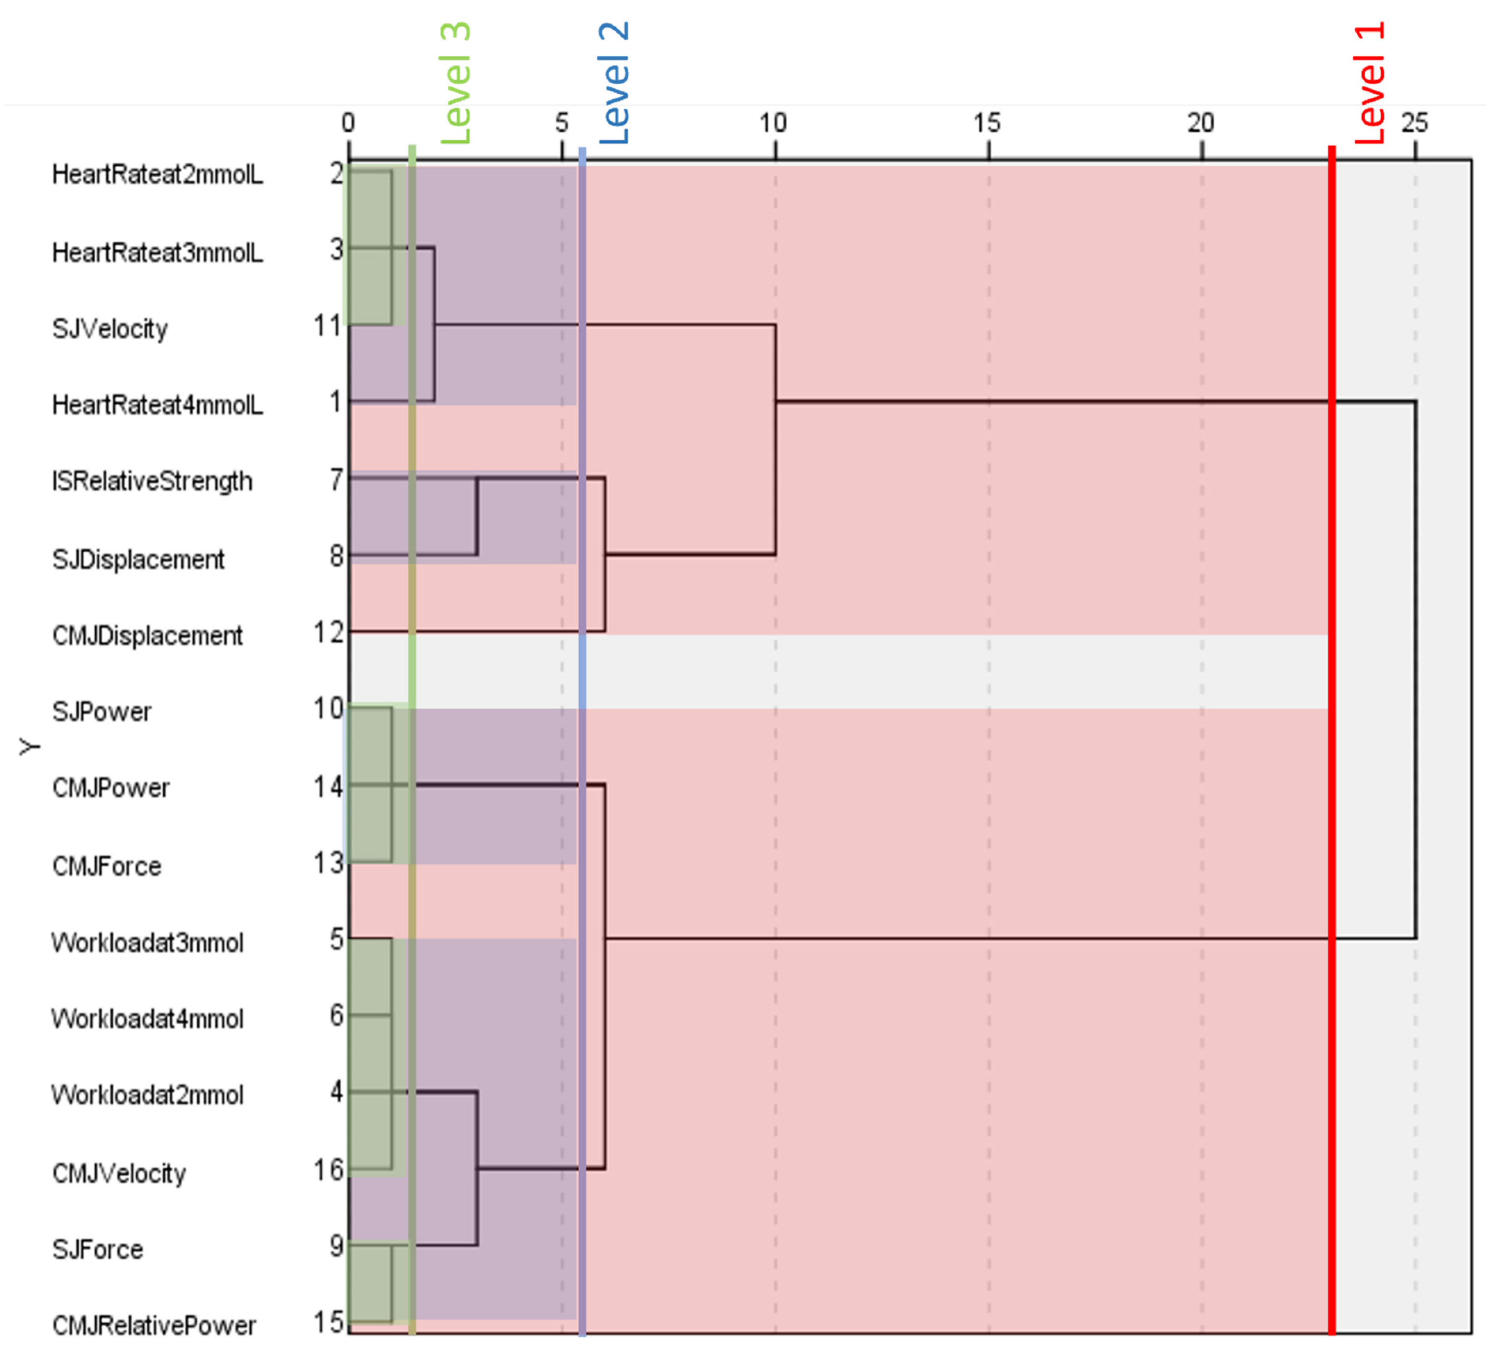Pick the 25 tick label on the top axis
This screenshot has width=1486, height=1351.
coord(1414,122)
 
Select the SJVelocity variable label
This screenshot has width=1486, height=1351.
coord(110,329)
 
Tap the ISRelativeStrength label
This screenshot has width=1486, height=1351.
coord(152,481)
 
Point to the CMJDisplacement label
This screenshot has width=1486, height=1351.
coord(147,635)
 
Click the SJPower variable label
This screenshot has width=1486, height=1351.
coord(102,712)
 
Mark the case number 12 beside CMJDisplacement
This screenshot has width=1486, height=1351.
coord(328,632)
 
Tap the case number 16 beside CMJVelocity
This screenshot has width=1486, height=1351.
coord(328,1170)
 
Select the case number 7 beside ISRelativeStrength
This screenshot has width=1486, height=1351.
coord(336,480)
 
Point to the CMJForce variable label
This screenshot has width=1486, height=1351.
coord(106,866)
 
